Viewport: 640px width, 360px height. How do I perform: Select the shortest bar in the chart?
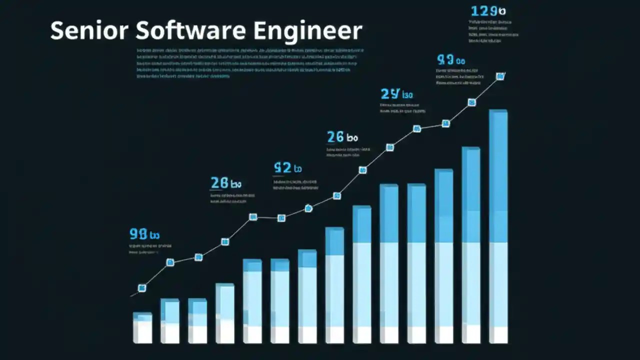click(142, 327)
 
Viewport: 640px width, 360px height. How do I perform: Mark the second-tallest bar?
click(470, 245)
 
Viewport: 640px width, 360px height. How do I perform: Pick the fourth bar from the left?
click(224, 313)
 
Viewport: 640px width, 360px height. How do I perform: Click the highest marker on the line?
click(500, 76)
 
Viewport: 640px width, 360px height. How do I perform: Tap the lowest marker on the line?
click(142, 287)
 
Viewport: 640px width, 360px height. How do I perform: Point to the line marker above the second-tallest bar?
click(471, 102)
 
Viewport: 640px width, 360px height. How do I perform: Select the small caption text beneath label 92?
click(295, 185)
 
